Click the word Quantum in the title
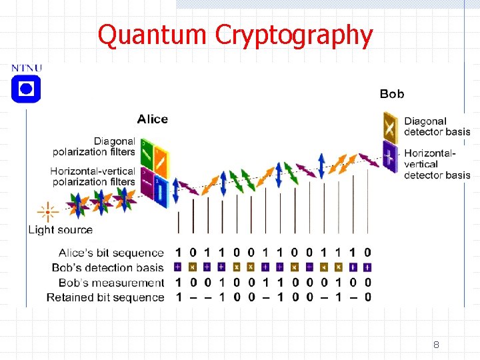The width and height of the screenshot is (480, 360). point(153,35)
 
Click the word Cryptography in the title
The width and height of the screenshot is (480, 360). point(294,35)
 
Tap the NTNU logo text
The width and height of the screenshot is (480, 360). point(27,68)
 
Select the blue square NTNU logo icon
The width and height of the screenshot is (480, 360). point(26,89)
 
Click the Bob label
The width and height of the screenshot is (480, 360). point(392,94)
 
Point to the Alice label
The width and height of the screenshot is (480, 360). point(153,119)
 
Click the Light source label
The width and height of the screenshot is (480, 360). point(60,230)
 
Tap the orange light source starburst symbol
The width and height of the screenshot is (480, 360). point(47,213)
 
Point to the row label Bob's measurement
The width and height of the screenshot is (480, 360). point(111,283)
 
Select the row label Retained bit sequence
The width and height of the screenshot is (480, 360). point(105,297)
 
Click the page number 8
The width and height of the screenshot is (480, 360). point(436,345)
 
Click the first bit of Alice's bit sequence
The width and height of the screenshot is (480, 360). point(178,253)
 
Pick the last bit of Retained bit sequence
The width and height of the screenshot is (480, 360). point(368,297)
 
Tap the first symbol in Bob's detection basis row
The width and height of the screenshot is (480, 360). point(178,267)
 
